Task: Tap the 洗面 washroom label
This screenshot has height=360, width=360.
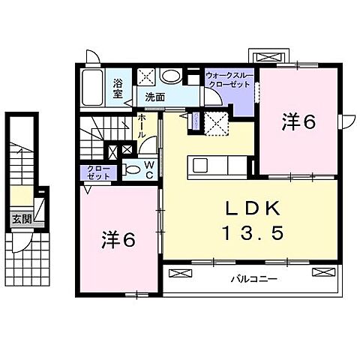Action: click(155, 97)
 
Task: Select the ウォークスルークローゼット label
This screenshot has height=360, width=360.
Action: click(229, 81)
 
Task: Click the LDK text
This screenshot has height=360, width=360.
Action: click(240, 208)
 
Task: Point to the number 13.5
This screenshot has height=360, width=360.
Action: click(241, 234)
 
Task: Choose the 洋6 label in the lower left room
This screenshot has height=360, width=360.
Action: click(118, 240)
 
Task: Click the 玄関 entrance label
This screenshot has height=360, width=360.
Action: click(22, 219)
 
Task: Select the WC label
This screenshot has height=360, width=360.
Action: click(148, 169)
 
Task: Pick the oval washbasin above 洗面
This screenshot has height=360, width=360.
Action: click(171, 76)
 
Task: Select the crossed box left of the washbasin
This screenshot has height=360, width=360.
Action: click(146, 76)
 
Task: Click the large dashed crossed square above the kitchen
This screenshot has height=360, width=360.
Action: click(216, 121)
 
